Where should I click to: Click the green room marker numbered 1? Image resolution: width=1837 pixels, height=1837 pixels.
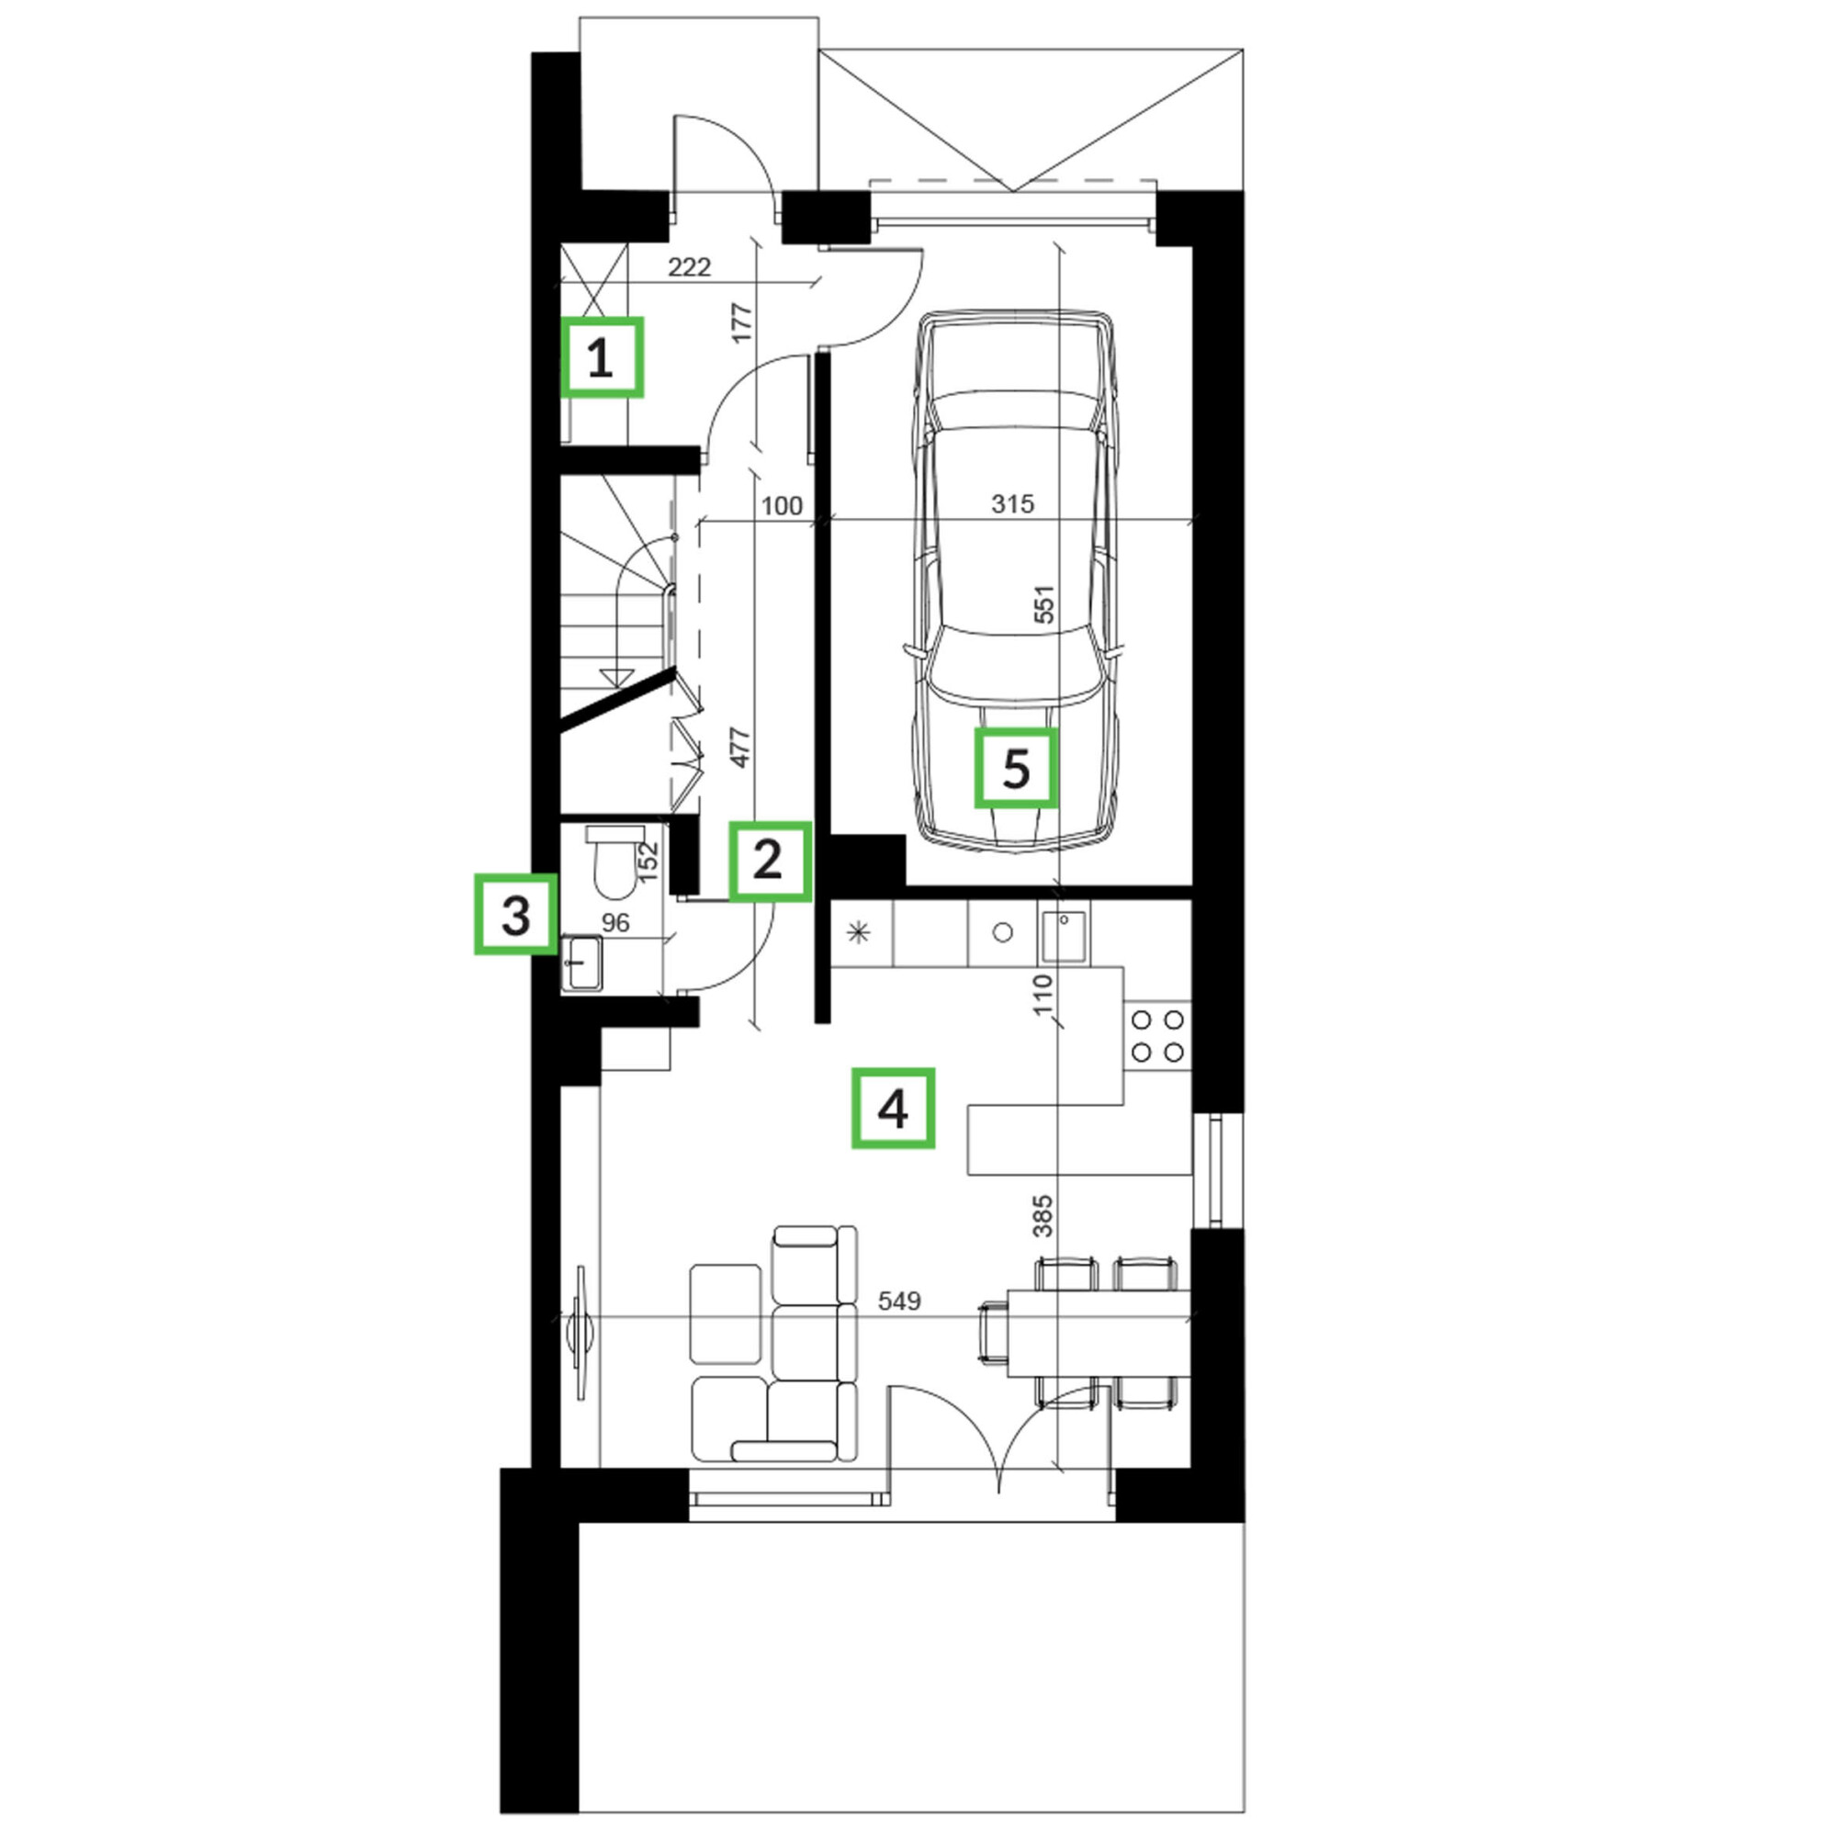pyautogui.click(x=601, y=356)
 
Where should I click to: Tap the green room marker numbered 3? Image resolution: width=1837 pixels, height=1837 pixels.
pyautogui.click(x=514, y=914)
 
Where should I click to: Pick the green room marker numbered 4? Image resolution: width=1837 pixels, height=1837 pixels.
pyautogui.click(x=892, y=1108)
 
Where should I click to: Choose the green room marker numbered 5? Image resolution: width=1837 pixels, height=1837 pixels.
pyautogui.click(x=1016, y=768)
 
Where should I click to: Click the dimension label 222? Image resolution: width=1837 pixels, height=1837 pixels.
pyautogui.click(x=688, y=267)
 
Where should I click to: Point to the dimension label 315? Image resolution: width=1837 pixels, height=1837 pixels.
pyautogui.click(x=1011, y=503)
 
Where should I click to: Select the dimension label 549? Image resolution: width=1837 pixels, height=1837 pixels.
pyautogui.click(x=898, y=1300)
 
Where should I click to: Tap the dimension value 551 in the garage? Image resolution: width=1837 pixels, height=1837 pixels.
pyautogui.click(x=1044, y=603)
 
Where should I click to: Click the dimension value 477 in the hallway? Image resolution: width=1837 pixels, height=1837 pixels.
pyautogui.click(x=740, y=747)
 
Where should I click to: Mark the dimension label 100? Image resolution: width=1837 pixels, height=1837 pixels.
pyautogui.click(x=782, y=505)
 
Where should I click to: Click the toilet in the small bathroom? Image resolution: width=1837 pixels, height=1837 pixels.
pyautogui.click(x=614, y=862)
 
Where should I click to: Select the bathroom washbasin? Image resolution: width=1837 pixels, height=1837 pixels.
pyautogui.click(x=582, y=964)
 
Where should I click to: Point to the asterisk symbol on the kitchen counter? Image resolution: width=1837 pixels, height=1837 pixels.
pyautogui.click(x=859, y=933)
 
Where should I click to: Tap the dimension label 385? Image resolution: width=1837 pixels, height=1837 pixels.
pyautogui.click(x=1043, y=1216)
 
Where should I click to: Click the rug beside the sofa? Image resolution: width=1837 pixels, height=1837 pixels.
pyautogui.click(x=726, y=1313)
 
